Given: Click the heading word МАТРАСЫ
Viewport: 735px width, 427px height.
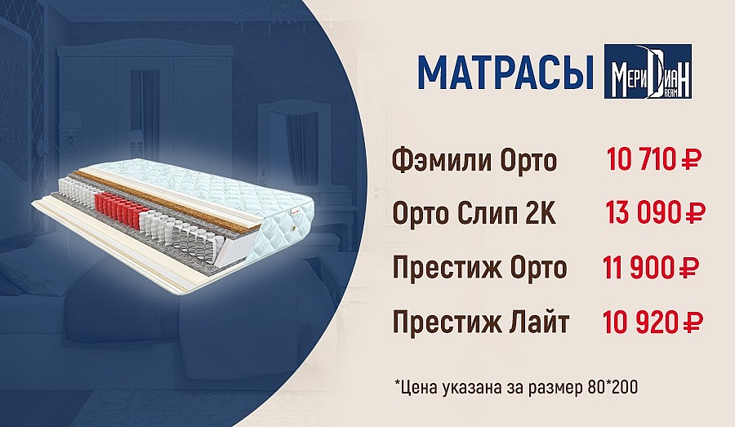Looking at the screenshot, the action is click(x=506, y=73).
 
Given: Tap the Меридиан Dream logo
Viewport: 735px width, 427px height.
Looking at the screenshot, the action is click(x=648, y=71).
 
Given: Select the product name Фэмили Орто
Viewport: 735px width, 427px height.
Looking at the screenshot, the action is click(x=474, y=160).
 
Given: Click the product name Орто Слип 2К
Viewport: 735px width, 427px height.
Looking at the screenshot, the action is click(x=474, y=214).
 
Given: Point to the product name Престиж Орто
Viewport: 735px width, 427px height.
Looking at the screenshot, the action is click(x=479, y=267).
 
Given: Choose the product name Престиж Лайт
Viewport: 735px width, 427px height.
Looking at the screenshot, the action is click(x=480, y=322).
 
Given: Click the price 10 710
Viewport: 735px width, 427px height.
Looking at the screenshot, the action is click(x=640, y=159).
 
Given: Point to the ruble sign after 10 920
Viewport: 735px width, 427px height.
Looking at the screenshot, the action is click(x=692, y=322).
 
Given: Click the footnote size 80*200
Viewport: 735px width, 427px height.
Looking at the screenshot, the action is click(x=612, y=387).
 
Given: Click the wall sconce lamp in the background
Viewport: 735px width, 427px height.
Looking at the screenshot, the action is click(x=70, y=131).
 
